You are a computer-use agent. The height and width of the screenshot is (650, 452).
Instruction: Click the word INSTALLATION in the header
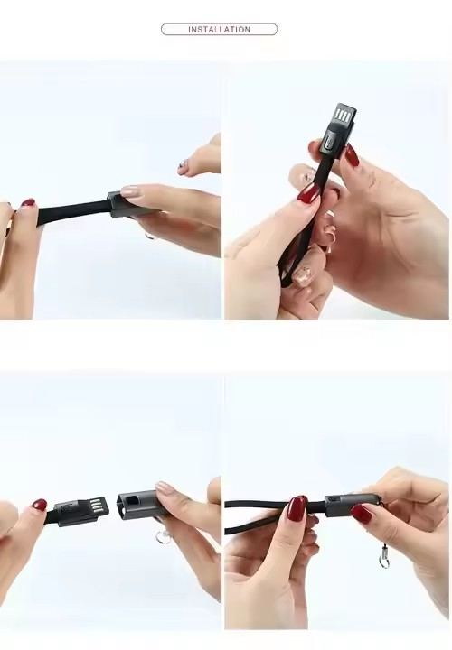[219, 30]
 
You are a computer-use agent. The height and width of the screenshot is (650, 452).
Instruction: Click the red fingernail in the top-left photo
[28, 202]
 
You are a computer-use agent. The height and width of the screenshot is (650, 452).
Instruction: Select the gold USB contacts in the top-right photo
[343, 116]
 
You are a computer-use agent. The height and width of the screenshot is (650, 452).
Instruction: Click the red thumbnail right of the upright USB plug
[352, 154]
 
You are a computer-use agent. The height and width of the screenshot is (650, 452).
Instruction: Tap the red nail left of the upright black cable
[308, 193]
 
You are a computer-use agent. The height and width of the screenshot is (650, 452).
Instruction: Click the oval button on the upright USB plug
[330, 139]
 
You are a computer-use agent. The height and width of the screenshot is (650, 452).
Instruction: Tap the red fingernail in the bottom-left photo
[40, 505]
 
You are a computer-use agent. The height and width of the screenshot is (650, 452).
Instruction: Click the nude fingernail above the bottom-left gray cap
[166, 487]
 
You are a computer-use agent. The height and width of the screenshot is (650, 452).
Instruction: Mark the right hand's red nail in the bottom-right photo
[361, 514]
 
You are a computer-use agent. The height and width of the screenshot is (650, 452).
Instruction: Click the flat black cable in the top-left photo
[71, 212]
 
